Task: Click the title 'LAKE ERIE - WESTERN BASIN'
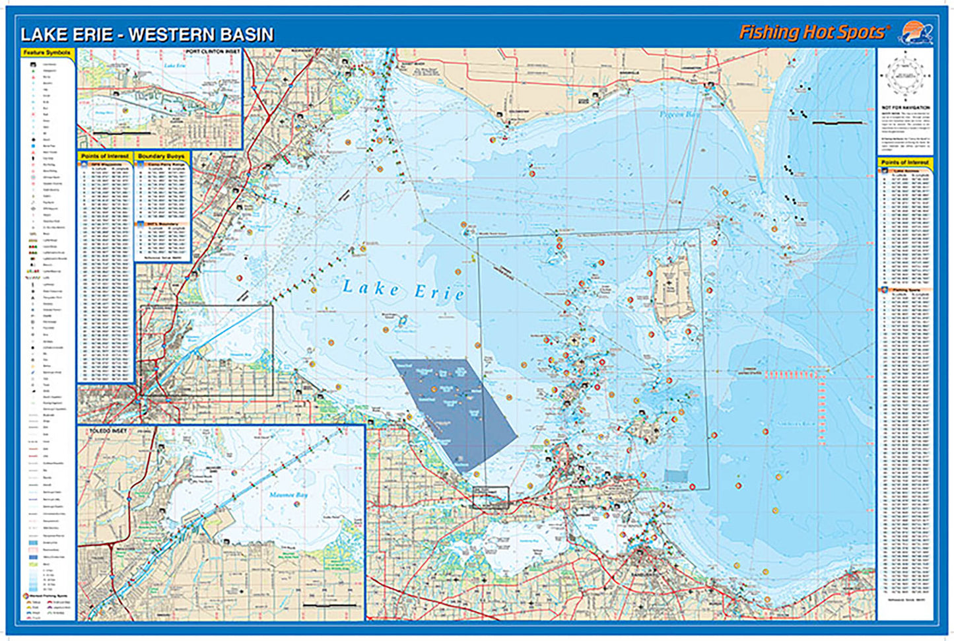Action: pos(147,34)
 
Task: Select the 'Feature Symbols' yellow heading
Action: pos(48,53)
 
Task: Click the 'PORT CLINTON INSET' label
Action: pos(213,52)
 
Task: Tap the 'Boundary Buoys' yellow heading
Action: pos(162,156)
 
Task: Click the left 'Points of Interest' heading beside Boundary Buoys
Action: pos(105,156)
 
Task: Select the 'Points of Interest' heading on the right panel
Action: pos(904,162)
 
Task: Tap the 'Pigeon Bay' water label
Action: pos(679,115)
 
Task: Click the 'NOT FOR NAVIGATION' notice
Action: pos(905,107)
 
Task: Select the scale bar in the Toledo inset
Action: pos(330,605)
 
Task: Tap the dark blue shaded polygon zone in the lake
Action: pos(456,409)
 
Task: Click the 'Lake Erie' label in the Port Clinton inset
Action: pos(175,66)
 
